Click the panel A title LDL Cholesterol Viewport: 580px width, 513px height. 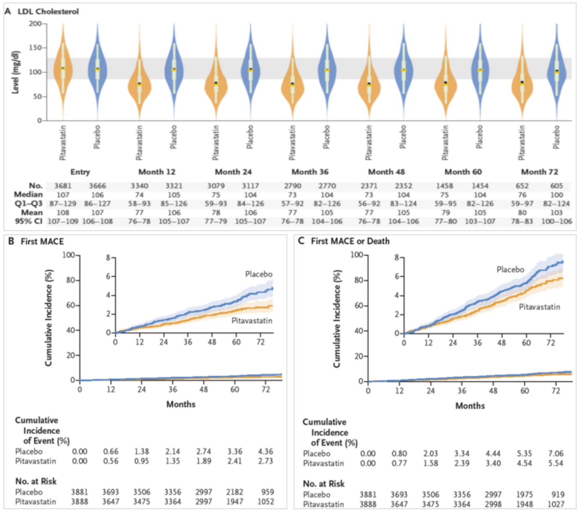(48, 12)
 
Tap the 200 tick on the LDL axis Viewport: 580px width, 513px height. (36, 24)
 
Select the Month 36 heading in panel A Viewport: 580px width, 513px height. (310, 172)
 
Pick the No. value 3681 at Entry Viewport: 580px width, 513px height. (63, 186)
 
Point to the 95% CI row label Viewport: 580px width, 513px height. (29, 221)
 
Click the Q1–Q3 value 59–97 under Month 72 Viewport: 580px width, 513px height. (522, 204)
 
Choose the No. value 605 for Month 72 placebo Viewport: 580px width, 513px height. (556, 186)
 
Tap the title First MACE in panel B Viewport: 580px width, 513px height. (42, 242)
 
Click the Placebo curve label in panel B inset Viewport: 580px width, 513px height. (258, 274)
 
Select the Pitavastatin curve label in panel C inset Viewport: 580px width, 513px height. (539, 307)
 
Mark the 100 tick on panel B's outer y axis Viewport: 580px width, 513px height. (68, 255)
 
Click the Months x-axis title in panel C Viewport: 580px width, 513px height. (470, 406)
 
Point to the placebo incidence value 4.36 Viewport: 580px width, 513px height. (265, 451)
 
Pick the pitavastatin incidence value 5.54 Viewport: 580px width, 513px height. (556, 463)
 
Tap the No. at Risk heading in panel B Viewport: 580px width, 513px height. (36, 481)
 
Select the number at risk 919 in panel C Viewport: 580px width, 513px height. (558, 495)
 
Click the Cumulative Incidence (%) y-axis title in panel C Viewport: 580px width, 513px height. (337, 318)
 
